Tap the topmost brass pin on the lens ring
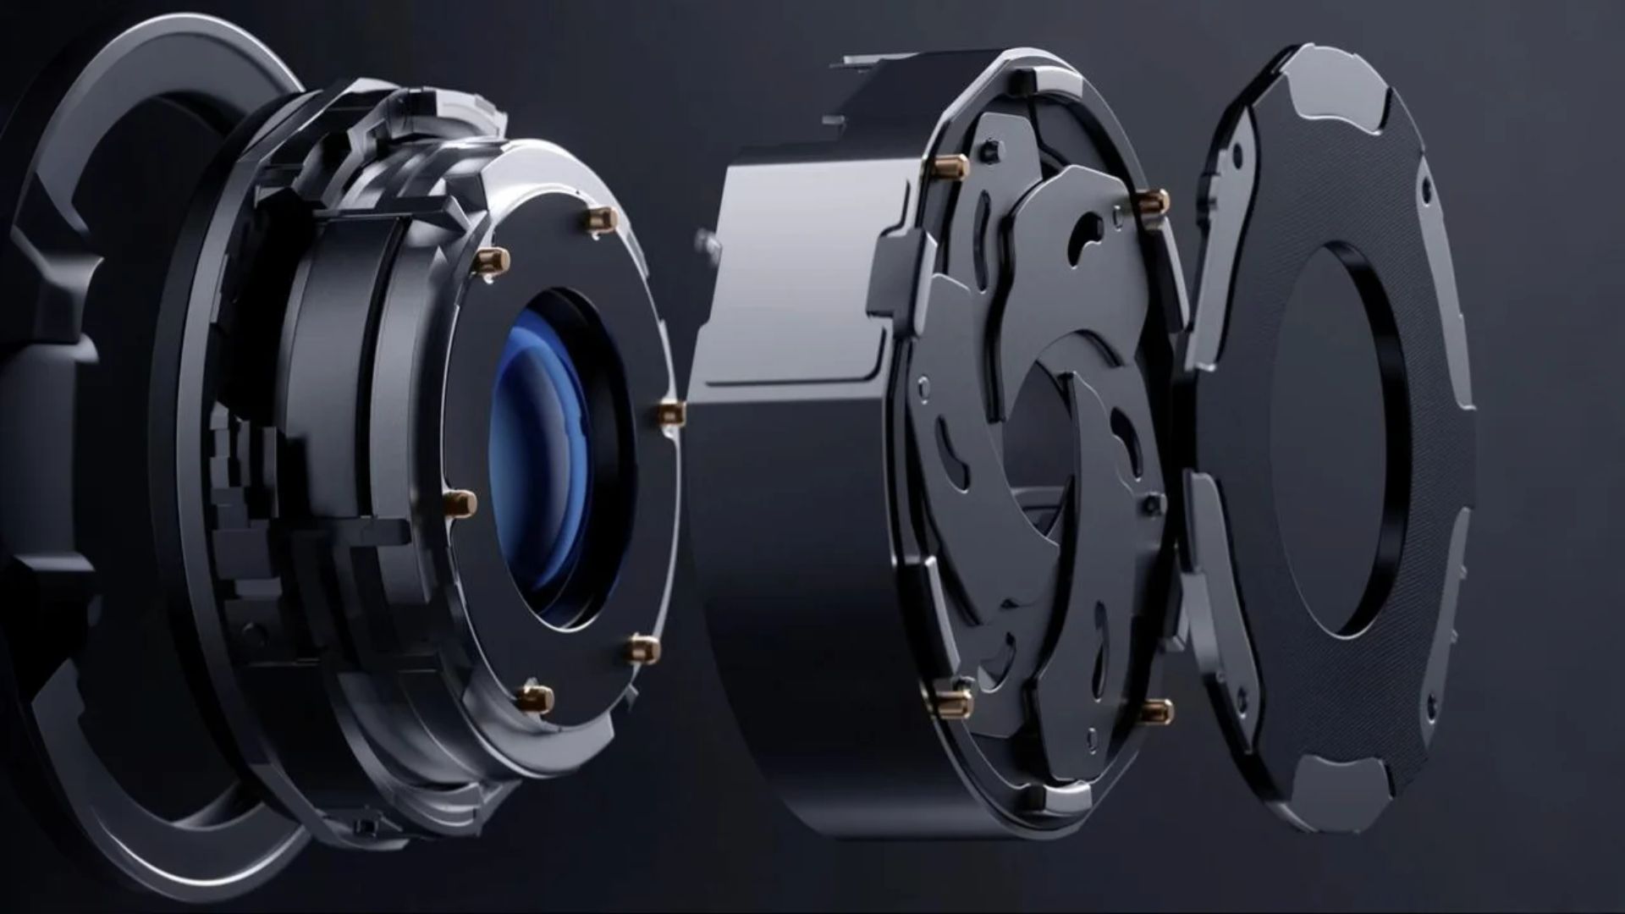pos(603,218)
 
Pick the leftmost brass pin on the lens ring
pos(461,504)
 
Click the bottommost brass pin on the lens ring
pos(535,697)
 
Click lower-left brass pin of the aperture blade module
pos(954,699)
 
